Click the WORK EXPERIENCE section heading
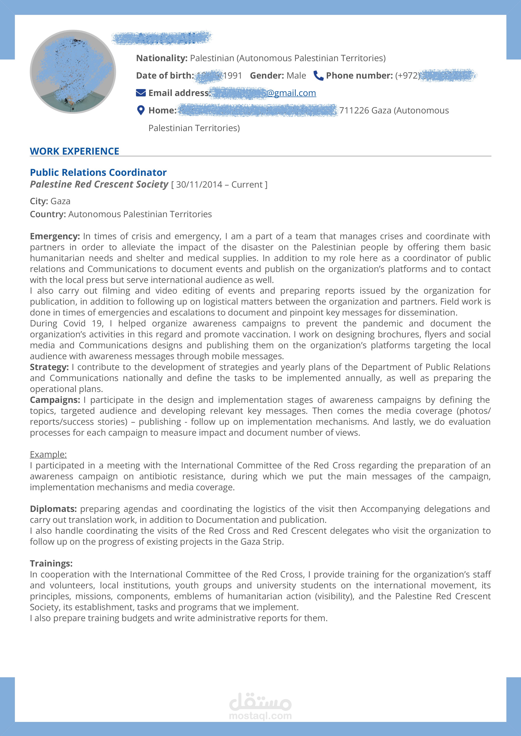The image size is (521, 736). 74,151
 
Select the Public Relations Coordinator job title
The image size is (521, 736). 98,172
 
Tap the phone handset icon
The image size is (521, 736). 318,76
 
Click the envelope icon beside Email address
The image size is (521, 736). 141,93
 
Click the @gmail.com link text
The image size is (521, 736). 291,93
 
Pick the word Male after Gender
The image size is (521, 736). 296,76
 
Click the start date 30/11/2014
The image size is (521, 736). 199,185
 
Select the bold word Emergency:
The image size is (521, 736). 55,236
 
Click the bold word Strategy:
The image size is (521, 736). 49,367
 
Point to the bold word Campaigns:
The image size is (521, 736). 55,400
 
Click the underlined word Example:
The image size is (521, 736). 48,454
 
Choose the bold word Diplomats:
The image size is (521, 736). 53,509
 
